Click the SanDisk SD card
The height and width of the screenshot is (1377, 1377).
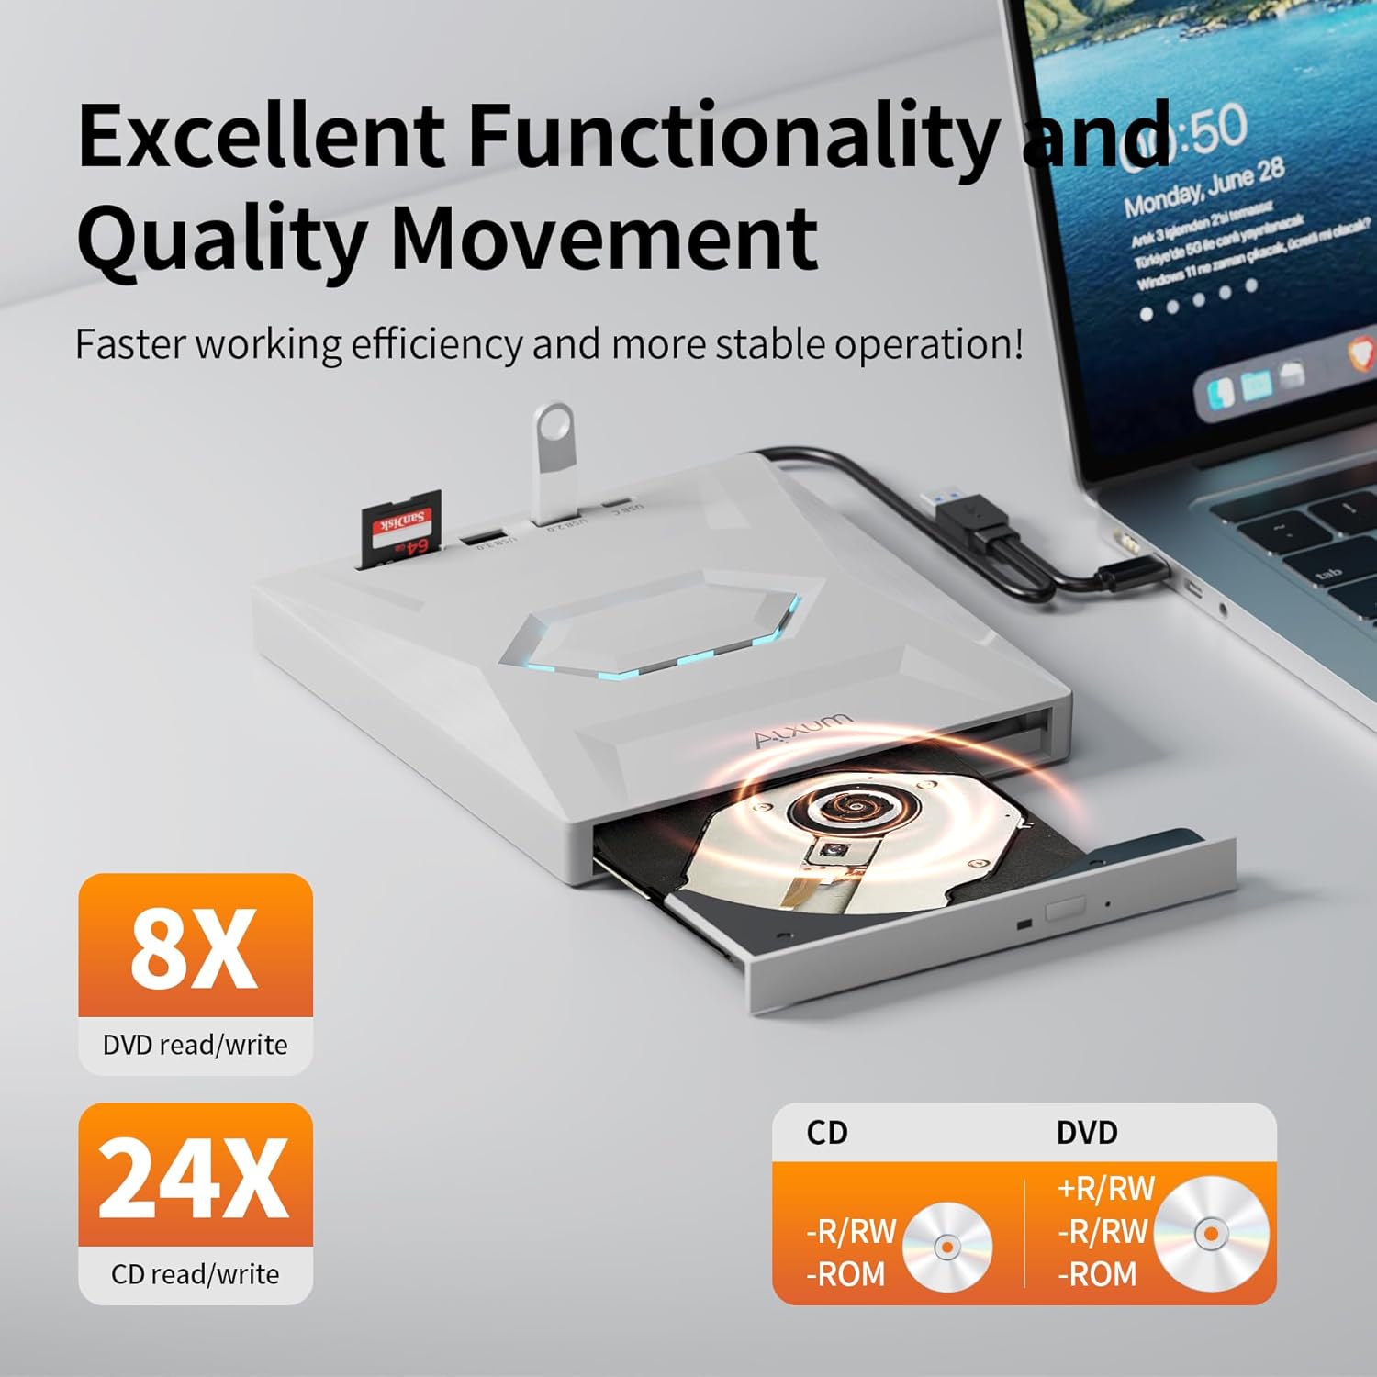pos(403,532)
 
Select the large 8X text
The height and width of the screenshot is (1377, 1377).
pos(194,949)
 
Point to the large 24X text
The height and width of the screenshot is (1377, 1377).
pos(194,1179)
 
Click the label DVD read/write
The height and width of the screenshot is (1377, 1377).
pos(195,1045)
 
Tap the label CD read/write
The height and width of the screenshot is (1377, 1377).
pos(195,1274)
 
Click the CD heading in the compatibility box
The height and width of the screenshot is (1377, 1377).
pos(826,1133)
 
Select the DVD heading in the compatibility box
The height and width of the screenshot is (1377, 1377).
pos(1087,1133)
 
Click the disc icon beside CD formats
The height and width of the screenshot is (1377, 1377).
pos(947,1247)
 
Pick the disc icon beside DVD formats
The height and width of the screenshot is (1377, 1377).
pos(1212,1234)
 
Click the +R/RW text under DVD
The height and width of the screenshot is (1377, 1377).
pos(1105,1189)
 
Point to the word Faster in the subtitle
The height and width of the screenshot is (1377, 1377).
pos(131,344)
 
